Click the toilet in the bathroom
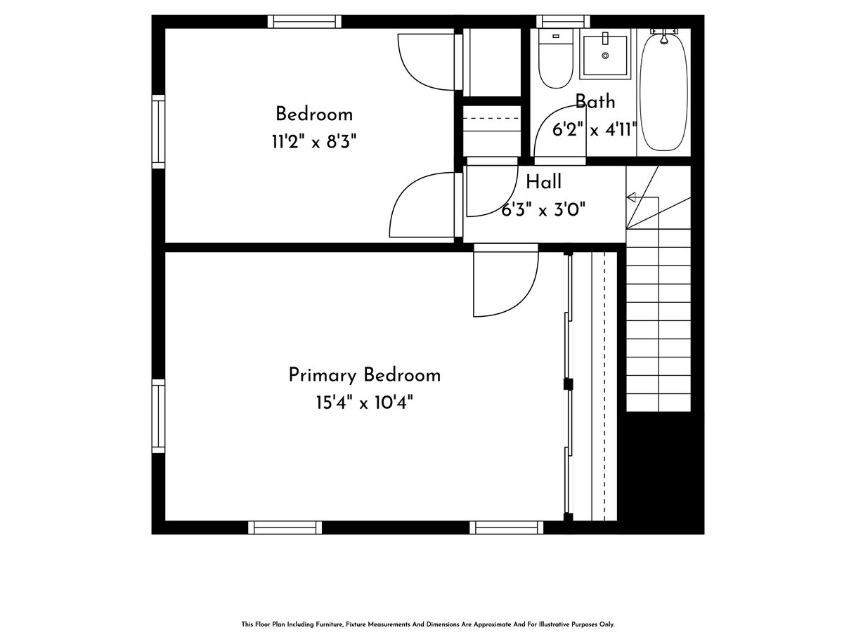556,58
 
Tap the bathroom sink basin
605,55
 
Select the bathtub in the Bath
663,91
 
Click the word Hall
543,182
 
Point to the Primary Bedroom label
365,375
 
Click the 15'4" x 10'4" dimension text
364,402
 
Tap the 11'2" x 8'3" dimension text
314,141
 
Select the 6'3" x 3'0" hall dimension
543,211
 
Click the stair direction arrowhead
631,197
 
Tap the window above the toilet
563,22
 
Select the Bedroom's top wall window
304,22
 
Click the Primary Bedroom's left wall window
158,416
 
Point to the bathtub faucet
663,36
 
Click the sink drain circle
605,55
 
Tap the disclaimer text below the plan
428,624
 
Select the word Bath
595,102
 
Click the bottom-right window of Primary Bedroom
506,528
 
